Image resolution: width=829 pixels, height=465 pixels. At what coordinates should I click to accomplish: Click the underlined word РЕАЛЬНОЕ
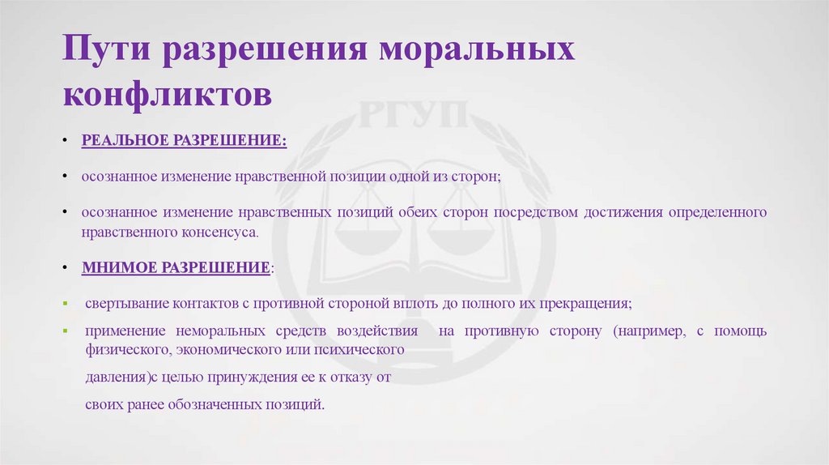coord(124,141)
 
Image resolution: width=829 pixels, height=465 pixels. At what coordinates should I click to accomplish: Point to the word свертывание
coord(124,304)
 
